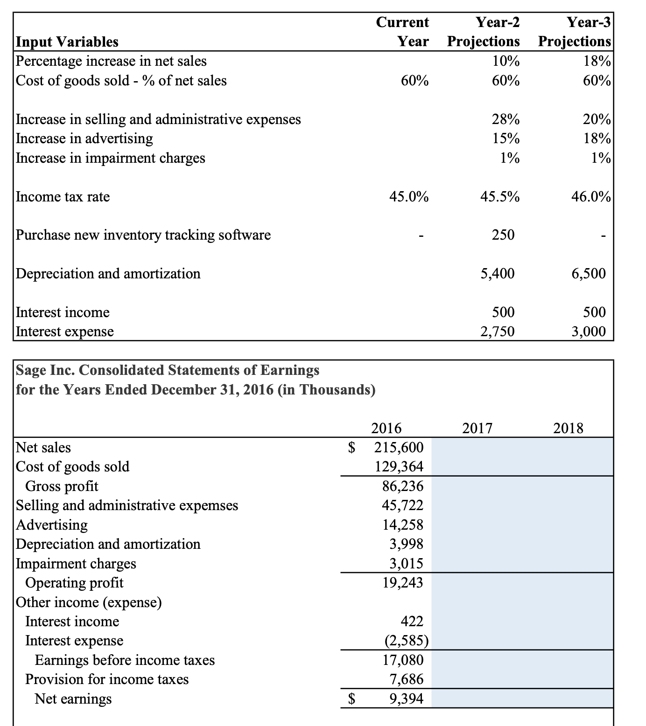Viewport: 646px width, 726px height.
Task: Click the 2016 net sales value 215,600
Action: [399, 448]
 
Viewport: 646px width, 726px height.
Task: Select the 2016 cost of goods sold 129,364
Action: [399, 467]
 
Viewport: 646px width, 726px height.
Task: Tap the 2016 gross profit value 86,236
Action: [402, 486]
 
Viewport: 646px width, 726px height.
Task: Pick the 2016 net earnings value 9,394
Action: [406, 699]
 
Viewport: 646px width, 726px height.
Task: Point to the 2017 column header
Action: [477, 428]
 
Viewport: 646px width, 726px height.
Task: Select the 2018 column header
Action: [568, 428]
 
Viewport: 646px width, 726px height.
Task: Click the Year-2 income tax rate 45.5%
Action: [499, 197]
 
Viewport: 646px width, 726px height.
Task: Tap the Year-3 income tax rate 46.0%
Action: [591, 197]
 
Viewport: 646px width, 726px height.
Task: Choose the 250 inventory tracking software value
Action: [503, 235]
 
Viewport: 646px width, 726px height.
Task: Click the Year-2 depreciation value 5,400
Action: [498, 274]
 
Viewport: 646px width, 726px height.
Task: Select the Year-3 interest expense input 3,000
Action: [589, 332]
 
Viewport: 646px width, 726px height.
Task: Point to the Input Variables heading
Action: [67, 42]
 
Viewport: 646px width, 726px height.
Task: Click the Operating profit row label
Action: [74, 583]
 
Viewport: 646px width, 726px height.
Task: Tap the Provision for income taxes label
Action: [107, 679]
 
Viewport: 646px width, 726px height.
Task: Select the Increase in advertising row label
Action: [84, 139]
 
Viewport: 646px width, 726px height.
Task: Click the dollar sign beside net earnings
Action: [353, 699]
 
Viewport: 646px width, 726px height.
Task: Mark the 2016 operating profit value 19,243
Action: [402, 583]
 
